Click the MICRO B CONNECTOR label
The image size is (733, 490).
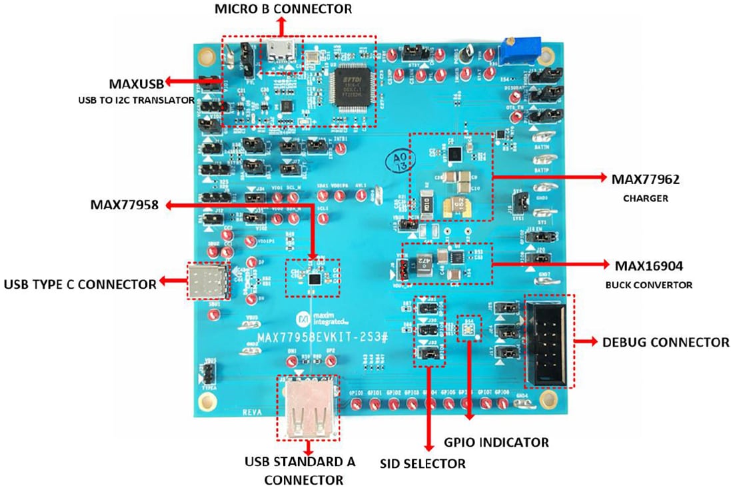pos(283,9)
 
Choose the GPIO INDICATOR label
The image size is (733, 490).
pos(496,442)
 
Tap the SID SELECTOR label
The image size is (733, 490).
pos(422,463)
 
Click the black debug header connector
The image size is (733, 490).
pos(548,341)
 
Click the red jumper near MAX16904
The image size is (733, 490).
pos(402,269)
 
